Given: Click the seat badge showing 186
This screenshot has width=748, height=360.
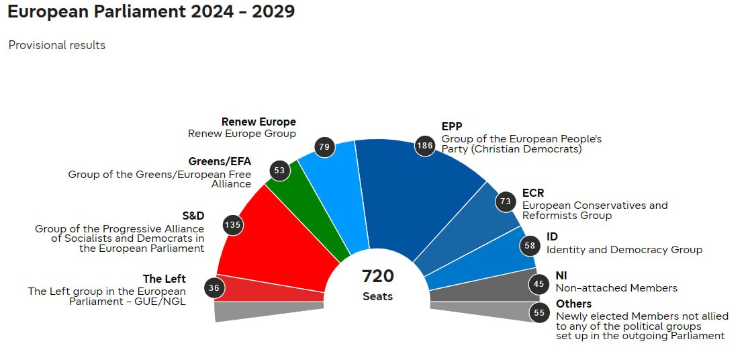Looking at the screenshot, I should (x=425, y=145).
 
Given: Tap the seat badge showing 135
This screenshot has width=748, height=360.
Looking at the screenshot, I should (x=232, y=225).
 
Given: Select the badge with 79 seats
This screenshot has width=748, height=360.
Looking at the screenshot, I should (x=325, y=147).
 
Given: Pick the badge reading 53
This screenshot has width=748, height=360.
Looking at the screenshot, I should (x=279, y=171).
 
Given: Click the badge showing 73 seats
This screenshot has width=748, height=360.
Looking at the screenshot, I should (x=506, y=201).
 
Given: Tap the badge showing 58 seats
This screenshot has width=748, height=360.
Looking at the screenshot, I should (x=530, y=246).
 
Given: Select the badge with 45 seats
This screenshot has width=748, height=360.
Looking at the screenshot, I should (x=539, y=283).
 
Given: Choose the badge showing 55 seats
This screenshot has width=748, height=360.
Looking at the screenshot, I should (x=539, y=312).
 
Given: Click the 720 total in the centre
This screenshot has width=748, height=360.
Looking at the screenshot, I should (x=377, y=276).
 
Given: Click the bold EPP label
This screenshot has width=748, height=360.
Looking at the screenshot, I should (x=452, y=126).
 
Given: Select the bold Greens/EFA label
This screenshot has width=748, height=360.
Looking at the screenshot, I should (x=220, y=161).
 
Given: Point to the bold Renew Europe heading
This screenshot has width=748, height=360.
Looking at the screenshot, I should (x=259, y=122).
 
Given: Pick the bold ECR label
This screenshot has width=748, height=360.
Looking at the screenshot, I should (x=533, y=193).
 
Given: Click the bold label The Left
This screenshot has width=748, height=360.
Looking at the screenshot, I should (x=164, y=279).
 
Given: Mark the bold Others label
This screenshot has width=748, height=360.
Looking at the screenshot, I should (x=574, y=304).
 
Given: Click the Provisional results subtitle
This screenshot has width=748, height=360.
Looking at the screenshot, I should (x=57, y=45).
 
